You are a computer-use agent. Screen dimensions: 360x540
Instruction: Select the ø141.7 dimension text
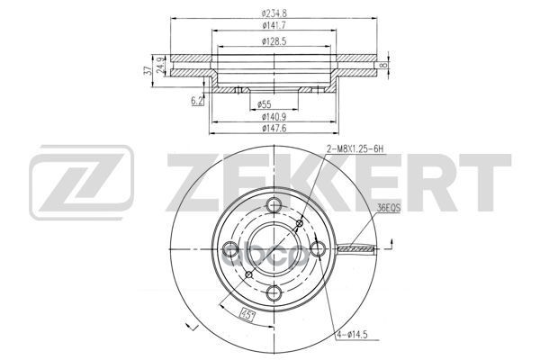pos(274,26)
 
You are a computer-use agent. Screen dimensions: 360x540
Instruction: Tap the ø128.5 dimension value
pos(274,41)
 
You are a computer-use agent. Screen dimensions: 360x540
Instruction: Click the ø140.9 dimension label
pos(273,117)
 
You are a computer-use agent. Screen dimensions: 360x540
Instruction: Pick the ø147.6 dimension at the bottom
pos(273,129)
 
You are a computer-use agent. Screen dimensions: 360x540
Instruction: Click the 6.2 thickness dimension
pos(196,101)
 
